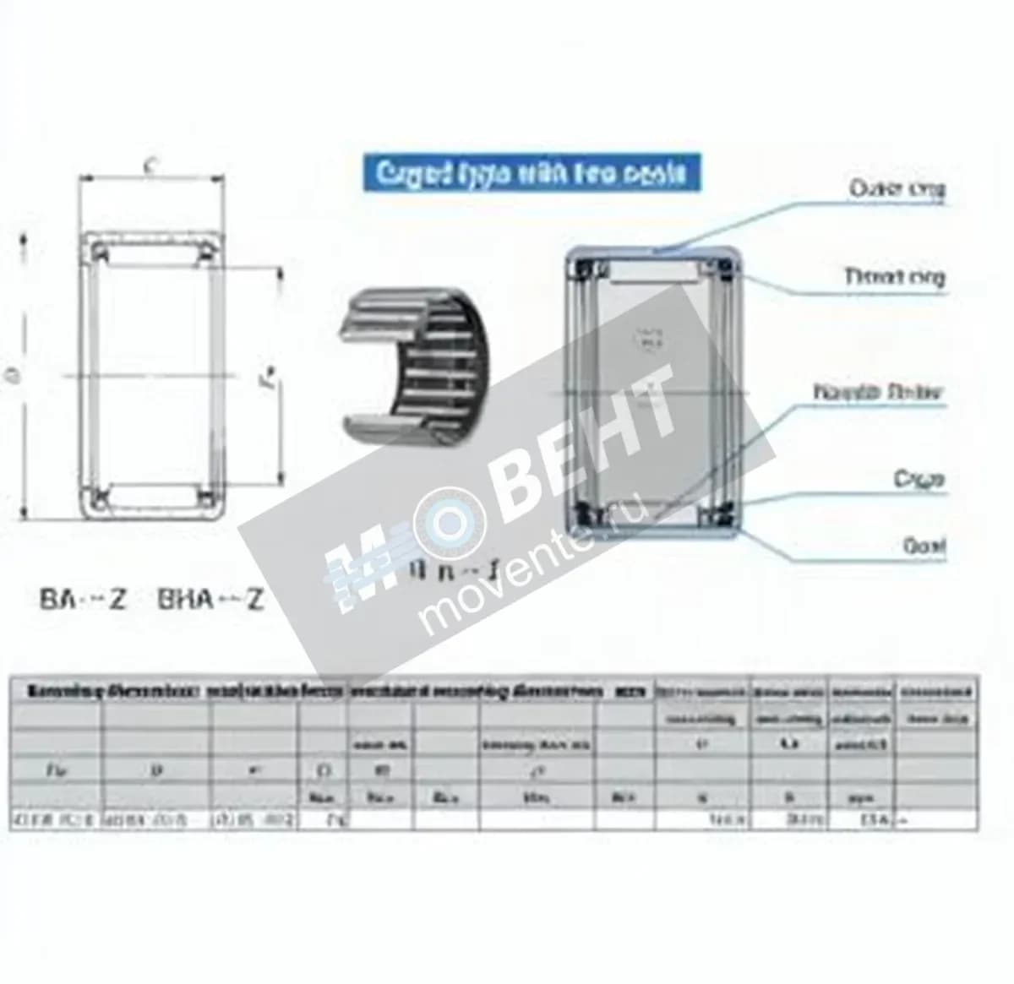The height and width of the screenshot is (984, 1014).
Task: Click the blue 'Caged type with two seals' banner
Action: [x=531, y=173]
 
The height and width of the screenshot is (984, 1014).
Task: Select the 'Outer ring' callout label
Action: [x=897, y=188]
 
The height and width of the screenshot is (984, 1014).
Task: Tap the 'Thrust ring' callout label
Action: [x=894, y=276]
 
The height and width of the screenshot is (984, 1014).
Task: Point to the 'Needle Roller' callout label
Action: [x=876, y=392]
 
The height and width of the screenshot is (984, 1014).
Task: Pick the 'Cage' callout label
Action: [x=919, y=480]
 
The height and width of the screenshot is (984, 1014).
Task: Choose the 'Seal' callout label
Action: [x=924, y=546]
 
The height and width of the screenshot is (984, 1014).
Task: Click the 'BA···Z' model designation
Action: [x=83, y=600]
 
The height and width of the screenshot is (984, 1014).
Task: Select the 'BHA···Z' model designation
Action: [x=210, y=600]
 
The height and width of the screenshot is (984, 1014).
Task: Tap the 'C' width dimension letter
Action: [x=149, y=167]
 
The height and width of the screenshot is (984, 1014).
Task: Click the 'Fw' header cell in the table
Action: [x=55, y=770]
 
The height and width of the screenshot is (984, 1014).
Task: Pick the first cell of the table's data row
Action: [x=56, y=819]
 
